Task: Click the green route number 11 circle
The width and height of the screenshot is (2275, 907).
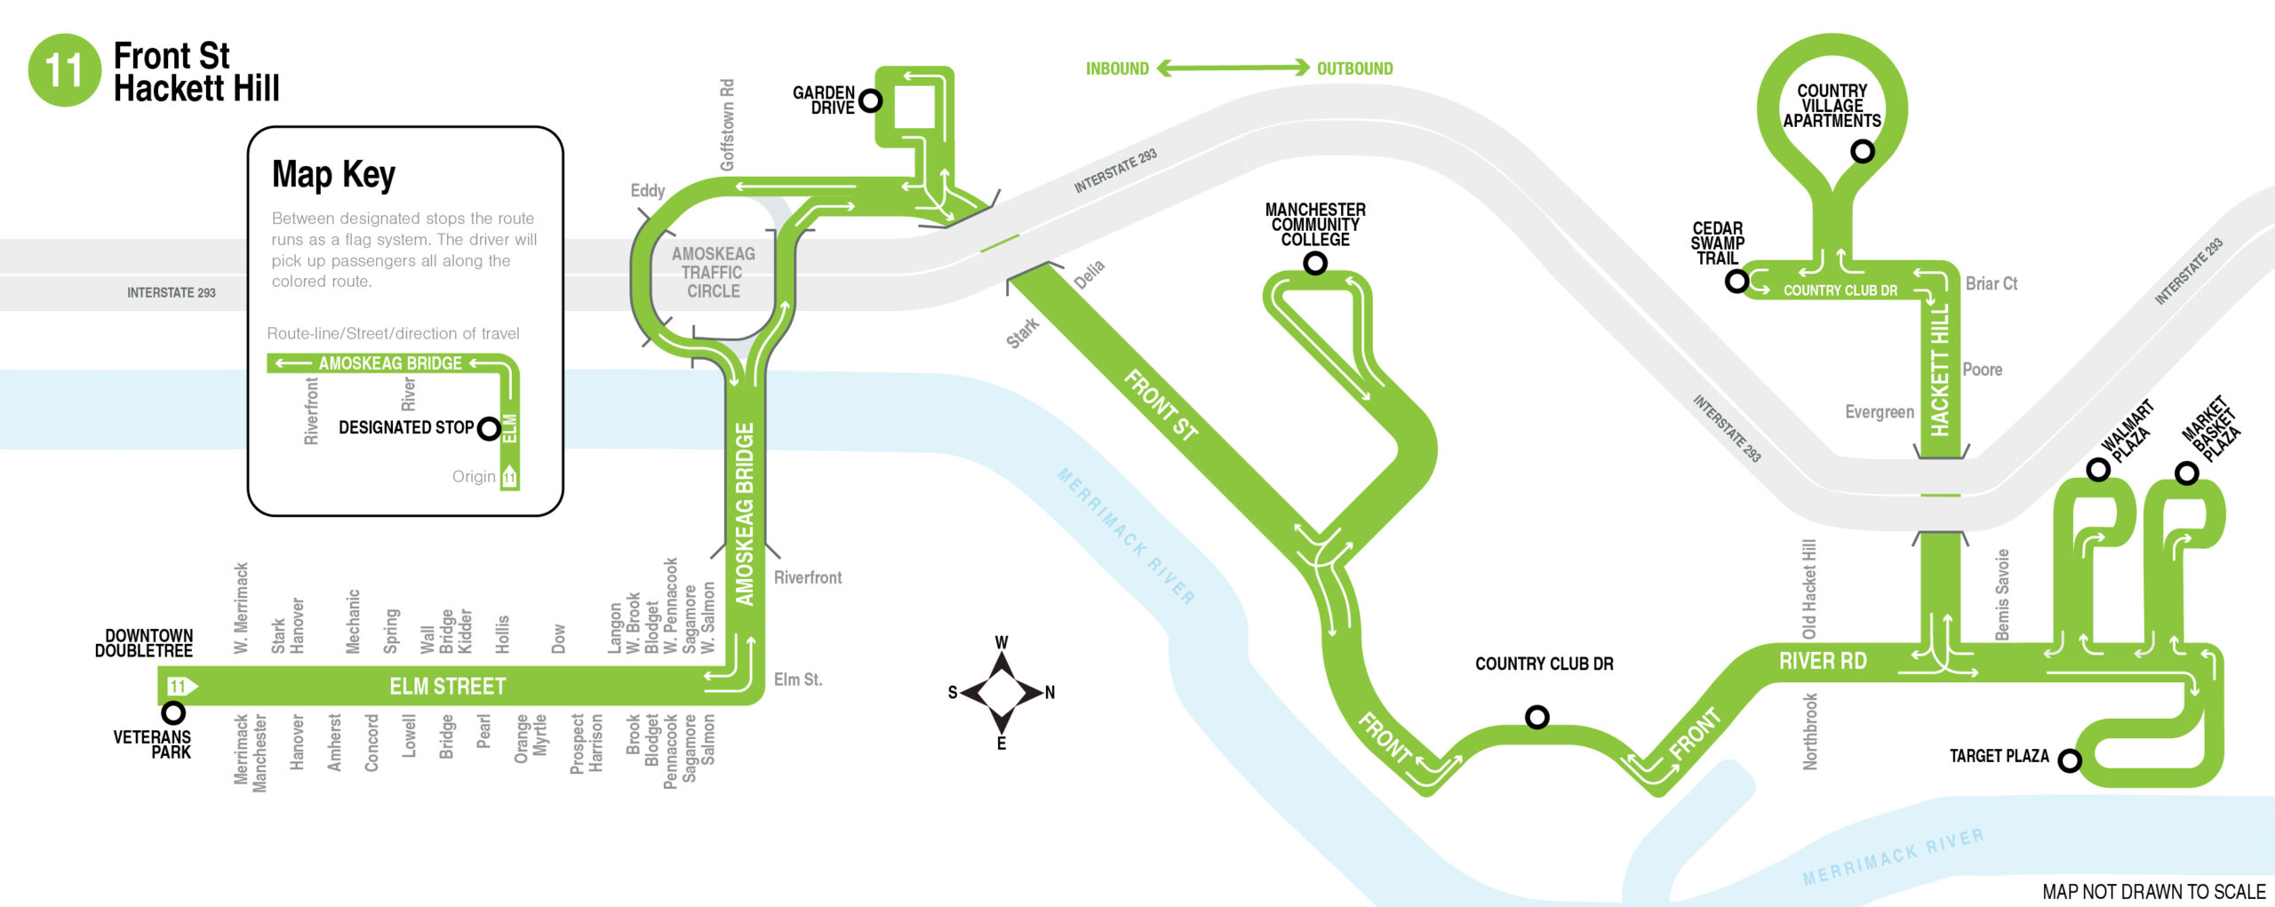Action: [x=64, y=70]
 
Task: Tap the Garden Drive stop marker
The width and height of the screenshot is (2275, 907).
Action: [x=871, y=100]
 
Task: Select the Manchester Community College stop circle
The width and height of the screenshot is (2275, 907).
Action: [x=1315, y=263]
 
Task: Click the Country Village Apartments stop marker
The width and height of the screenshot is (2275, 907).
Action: [x=1862, y=151]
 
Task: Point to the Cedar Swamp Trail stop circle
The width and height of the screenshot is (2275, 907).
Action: [x=1736, y=282]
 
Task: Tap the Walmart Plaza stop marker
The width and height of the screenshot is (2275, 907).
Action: [x=2097, y=469]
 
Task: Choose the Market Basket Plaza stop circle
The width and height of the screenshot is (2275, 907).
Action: [x=2186, y=473]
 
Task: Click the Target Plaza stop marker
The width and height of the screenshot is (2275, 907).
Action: [x=2070, y=760]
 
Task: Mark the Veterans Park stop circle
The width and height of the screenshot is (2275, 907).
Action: [x=173, y=712]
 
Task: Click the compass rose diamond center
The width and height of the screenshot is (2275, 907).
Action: [x=1002, y=692]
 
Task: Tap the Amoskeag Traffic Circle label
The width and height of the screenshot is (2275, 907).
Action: [x=713, y=272]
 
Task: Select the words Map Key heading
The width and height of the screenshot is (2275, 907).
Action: [x=333, y=174]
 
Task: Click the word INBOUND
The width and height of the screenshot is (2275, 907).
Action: [x=1117, y=68]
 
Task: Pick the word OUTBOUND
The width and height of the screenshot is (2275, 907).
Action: [x=1354, y=68]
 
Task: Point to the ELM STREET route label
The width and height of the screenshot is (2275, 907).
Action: [x=447, y=686]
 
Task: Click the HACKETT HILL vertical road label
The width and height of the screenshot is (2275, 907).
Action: [x=1940, y=370]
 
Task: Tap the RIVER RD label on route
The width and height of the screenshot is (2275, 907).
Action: [x=1823, y=661]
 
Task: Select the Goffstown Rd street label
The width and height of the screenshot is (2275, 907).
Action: [x=727, y=124]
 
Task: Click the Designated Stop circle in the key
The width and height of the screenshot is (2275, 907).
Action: [x=489, y=429]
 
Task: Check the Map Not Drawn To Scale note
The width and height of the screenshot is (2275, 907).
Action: [x=2154, y=891]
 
